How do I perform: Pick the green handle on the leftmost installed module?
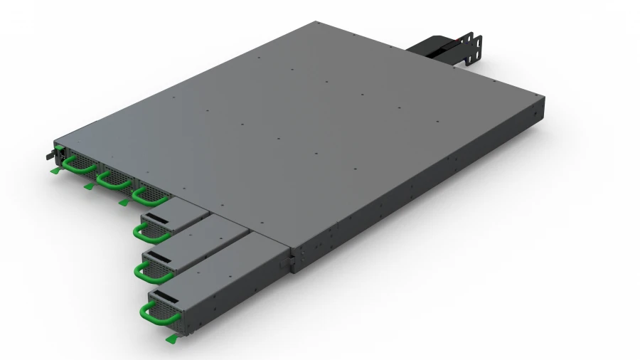click(75, 166)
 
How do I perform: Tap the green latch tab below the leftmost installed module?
click(55, 171)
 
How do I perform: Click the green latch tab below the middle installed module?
click(88, 186)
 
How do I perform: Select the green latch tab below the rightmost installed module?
click(123, 203)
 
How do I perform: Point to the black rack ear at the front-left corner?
click(53, 152)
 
